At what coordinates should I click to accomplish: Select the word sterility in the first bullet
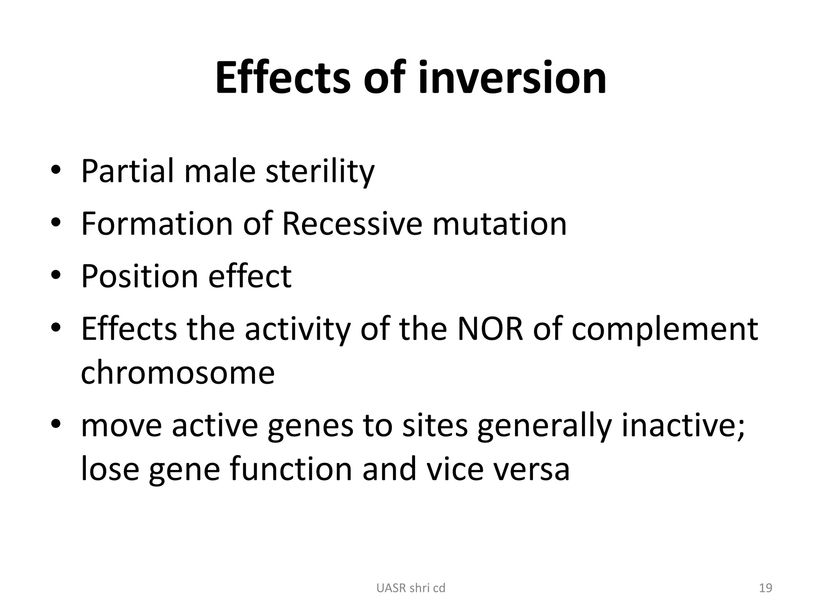(320, 171)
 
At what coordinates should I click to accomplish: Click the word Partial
(128, 171)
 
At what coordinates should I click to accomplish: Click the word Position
(140, 277)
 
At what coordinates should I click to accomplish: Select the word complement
(665, 330)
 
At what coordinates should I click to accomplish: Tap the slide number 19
(765, 588)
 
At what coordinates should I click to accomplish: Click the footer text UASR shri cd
(411, 588)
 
